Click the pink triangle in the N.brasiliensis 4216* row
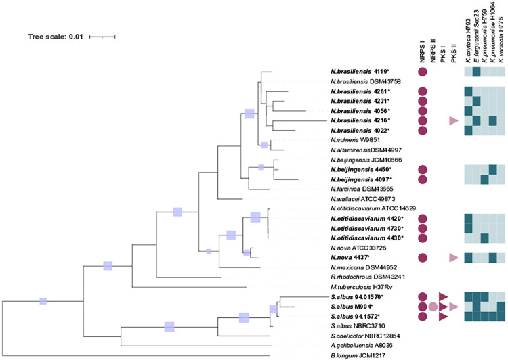click(x=453, y=120)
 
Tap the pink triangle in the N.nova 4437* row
click(x=453, y=258)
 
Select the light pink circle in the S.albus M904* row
click(x=432, y=307)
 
